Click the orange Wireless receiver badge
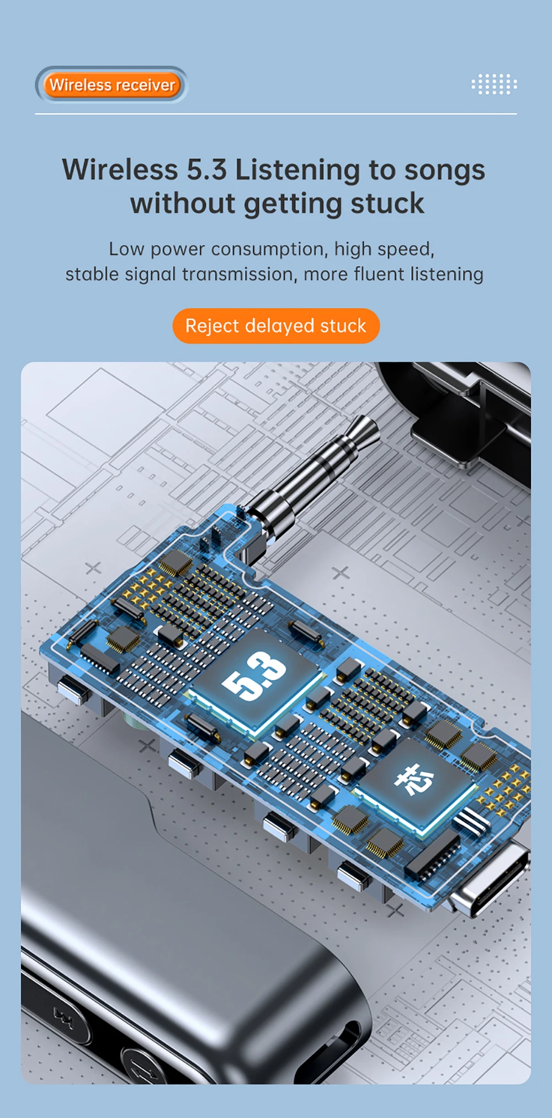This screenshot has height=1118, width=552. (112, 85)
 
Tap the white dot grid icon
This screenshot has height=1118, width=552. (494, 84)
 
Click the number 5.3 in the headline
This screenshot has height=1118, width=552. (206, 169)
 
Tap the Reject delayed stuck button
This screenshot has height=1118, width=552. (276, 326)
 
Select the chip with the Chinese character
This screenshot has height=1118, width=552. (415, 780)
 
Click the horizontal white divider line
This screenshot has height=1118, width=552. (276, 114)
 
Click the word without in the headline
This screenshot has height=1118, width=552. (182, 203)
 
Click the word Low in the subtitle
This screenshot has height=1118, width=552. (126, 249)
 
